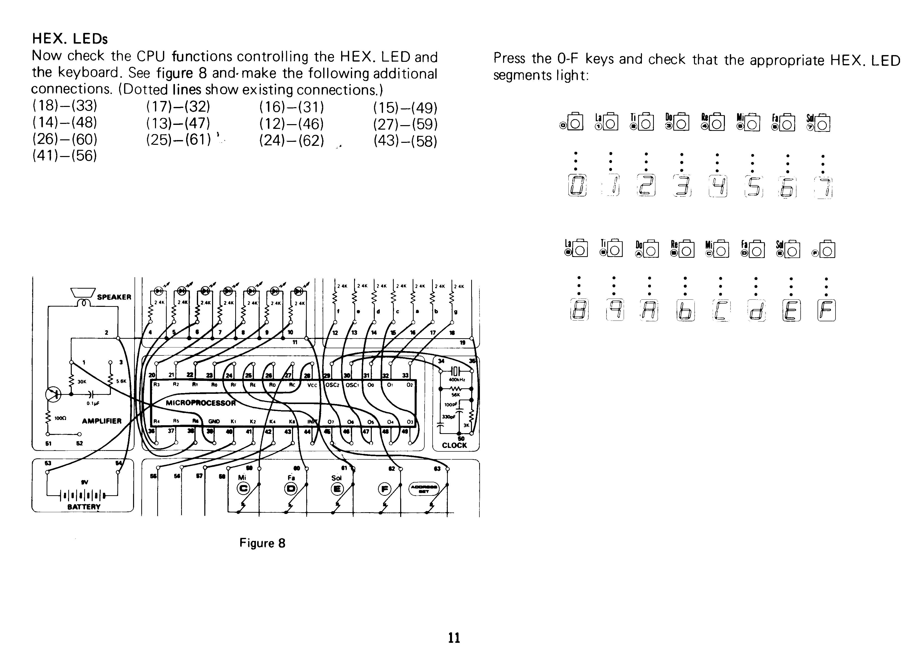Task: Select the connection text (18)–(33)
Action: pyautogui.click(x=65, y=105)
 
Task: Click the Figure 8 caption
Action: pyautogui.click(x=262, y=543)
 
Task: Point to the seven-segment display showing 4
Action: pyautogui.click(x=718, y=186)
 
